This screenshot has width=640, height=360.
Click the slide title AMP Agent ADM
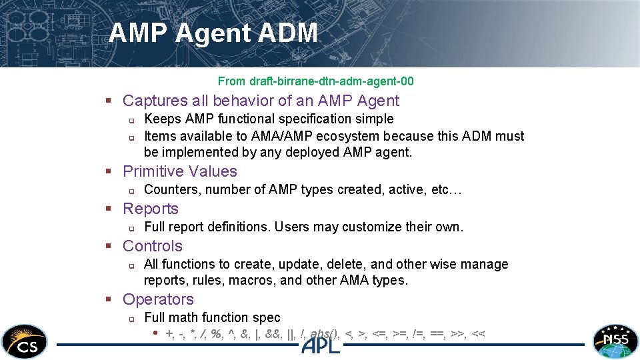(x=213, y=33)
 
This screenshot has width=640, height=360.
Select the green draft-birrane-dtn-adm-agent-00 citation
(x=315, y=81)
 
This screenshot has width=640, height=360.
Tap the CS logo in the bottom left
(x=24, y=341)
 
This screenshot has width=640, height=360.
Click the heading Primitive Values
(x=180, y=171)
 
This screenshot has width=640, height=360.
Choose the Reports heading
(x=151, y=209)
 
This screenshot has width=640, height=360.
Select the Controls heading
(x=153, y=246)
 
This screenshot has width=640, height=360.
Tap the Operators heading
(x=158, y=299)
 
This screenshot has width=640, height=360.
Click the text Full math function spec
(x=212, y=318)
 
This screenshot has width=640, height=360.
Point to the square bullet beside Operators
(x=107, y=300)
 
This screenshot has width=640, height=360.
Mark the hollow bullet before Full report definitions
(x=131, y=228)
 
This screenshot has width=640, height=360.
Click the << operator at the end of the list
(x=478, y=334)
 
